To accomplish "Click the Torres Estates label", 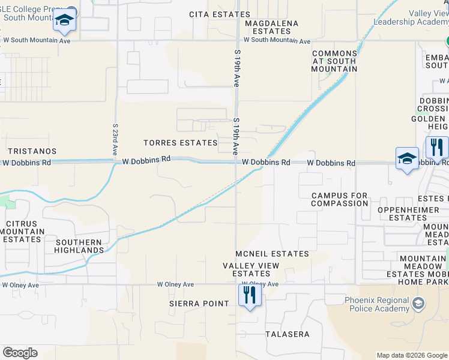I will [180, 143].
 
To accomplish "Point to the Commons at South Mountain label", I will [334, 61].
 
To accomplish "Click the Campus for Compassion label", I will [339, 199].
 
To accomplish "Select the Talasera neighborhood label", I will [288, 334].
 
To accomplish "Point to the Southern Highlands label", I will [79, 246].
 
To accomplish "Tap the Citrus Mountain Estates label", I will [25, 232].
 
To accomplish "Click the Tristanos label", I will [32, 151].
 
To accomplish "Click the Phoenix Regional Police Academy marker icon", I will [418, 305].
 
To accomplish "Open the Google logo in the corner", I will [20, 353].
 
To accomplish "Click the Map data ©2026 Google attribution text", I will [411, 355].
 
